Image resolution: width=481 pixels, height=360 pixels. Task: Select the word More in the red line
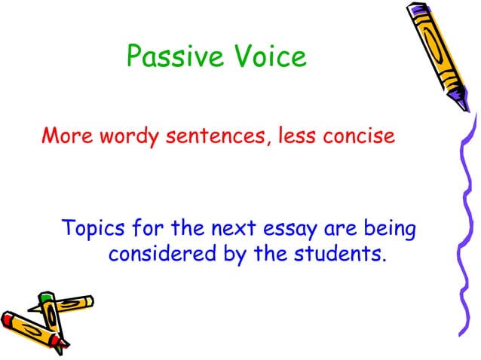coord(66,138)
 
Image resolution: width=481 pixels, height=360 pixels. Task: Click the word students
coord(342,254)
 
